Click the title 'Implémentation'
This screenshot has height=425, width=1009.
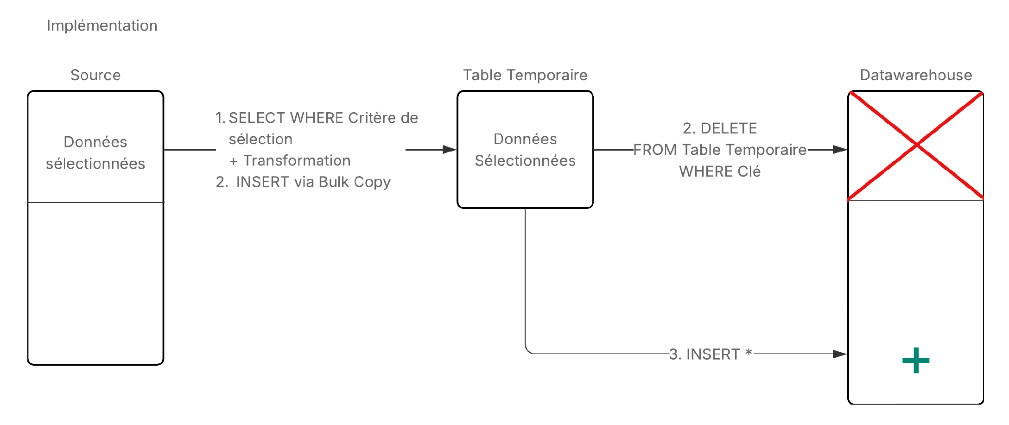click(102, 25)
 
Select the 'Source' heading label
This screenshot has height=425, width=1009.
click(95, 75)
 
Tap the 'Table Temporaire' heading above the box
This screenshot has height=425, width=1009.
click(525, 75)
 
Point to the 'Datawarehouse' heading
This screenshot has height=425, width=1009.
click(916, 75)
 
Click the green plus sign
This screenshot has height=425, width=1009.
click(916, 360)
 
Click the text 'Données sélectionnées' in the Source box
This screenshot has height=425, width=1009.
click(95, 152)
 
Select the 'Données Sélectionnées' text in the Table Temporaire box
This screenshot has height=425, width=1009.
click(525, 150)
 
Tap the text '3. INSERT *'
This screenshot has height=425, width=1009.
click(710, 354)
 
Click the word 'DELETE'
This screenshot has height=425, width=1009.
click(729, 128)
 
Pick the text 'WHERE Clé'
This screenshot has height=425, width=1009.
click(720, 171)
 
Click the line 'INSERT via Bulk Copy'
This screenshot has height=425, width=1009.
click(313, 182)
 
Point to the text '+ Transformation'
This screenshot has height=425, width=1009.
click(290, 160)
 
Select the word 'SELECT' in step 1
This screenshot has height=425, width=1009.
click(257, 118)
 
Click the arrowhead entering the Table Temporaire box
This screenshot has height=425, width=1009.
click(450, 150)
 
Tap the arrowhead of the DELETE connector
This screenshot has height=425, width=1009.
click(840, 150)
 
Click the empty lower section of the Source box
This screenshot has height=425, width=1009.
click(95, 283)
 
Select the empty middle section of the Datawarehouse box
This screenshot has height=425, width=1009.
click(916, 254)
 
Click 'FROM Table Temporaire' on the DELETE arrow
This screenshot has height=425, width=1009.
click(720, 150)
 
